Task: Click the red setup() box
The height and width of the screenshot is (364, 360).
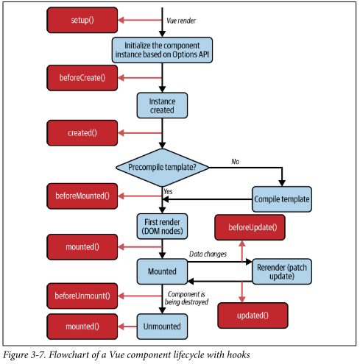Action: [x=82, y=20]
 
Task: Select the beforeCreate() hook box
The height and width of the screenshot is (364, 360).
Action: [x=82, y=78]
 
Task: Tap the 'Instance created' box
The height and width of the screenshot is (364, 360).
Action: [x=162, y=106]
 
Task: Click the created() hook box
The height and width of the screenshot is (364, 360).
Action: [x=82, y=133]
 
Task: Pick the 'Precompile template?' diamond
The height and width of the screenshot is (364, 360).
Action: [x=162, y=168]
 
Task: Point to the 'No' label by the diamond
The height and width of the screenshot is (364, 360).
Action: [x=235, y=162]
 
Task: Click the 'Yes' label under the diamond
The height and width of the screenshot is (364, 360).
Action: [x=168, y=191]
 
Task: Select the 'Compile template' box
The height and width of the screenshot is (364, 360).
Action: [x=282, y=199]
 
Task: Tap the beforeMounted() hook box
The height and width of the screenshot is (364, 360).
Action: [x=82, y=196]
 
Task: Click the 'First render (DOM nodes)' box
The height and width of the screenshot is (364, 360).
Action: [x=162, y=226]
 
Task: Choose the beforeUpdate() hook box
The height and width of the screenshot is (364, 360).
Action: [x=250, y=227]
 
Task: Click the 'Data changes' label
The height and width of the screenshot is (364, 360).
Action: [x=208, y=254]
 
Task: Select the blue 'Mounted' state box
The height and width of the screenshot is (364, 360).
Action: [x=162, y=271]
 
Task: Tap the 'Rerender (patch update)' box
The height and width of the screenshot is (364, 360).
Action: [x=282, y=271]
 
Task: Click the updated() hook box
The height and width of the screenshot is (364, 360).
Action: [x=253, y=315]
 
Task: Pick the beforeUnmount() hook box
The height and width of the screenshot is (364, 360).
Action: [x=82, y=296]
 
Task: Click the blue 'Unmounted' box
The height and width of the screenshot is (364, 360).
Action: [x=162, y=326]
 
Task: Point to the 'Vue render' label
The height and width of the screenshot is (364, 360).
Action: [x=181, y=21]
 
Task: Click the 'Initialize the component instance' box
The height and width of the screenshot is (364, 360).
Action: [x=162, y=50]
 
